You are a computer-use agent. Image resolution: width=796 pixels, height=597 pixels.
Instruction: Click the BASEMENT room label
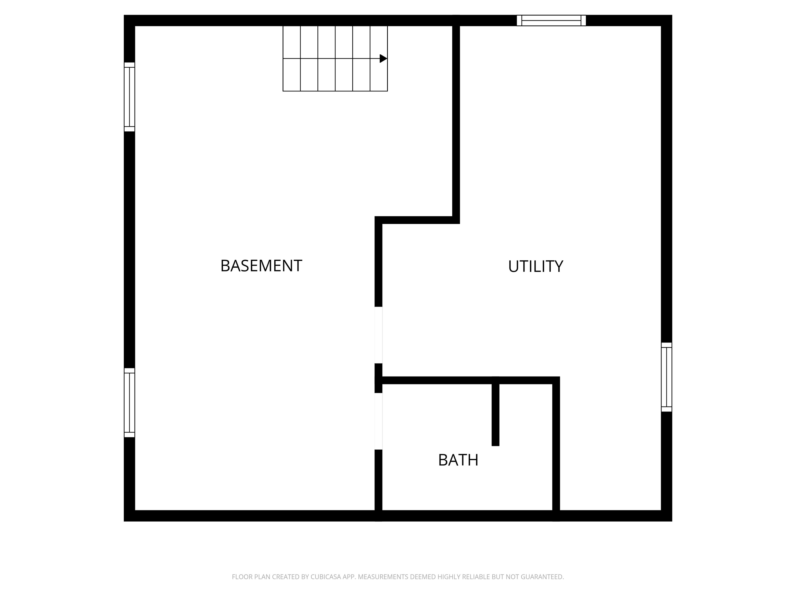tap(261, 266)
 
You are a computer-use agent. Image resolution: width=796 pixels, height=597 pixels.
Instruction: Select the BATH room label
tap(458, 460)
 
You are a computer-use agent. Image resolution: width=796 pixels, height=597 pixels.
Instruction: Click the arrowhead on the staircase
tap(383, 58)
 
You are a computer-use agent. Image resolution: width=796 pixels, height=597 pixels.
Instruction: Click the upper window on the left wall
tap(129, 97)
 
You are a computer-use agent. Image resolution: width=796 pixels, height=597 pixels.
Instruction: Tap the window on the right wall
tap(666, 377)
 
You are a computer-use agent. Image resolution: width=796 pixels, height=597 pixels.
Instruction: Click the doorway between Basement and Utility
tap(378, 335)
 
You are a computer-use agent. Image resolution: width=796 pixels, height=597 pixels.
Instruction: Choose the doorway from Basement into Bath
tap(378, 421)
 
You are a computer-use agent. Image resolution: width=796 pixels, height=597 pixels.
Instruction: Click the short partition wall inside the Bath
tap(495, 414)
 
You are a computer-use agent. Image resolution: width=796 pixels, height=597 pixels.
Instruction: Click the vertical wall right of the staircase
tap(456, 119)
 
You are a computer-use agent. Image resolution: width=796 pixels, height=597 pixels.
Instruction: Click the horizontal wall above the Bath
tap(468, 380)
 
